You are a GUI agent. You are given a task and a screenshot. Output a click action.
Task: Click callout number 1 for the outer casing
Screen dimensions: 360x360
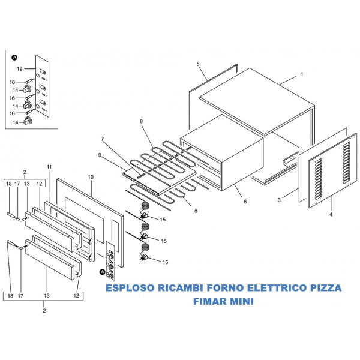pyautogui.click(x=302, y=74)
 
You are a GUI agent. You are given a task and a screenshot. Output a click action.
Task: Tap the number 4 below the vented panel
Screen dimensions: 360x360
pyautogui.click(x=331, y=213)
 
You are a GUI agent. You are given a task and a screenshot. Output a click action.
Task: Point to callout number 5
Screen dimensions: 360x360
pyautogui.click(x=197, y=63)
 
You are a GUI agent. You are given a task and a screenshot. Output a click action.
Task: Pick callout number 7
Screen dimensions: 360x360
pyautogui.click(x=103, y=139)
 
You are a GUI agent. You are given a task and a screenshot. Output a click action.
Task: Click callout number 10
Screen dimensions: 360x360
pyautogui.click(x=91, y=178)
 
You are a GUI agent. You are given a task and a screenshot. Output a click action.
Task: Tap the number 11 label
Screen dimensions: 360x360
pyautogui.click(x=49, y=166)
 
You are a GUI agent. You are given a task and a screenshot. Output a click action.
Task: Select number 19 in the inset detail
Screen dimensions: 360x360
pyautogui.click(x=19, y=69)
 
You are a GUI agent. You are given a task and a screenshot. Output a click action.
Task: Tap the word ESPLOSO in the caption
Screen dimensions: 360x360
pyautogui.click(x=128, y=288)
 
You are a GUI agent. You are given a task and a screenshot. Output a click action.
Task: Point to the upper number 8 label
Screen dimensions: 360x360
pyautogui.click(x=142, y=122)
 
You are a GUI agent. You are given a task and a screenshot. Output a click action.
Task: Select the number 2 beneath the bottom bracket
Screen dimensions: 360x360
pyautogui.click(x=44, y=310)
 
